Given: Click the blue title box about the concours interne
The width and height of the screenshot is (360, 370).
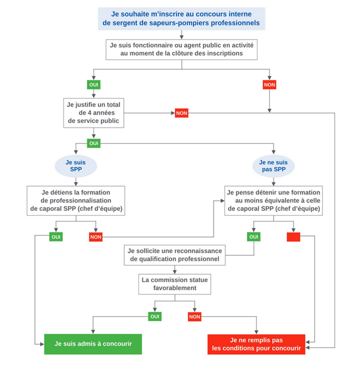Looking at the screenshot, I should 182,18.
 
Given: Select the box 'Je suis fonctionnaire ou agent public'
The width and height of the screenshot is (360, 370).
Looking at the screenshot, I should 182,49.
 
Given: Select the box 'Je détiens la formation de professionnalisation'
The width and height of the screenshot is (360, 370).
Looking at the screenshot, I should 76,200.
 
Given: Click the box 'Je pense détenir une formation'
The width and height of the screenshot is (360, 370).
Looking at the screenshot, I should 273,200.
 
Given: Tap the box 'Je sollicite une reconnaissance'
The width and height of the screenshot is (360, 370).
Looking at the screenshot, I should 175,254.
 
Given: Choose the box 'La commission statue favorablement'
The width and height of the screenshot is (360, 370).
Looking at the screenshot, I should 175,284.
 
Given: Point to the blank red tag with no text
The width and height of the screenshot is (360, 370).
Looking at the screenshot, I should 293,237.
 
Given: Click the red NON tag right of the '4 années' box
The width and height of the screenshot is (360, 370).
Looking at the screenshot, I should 182,113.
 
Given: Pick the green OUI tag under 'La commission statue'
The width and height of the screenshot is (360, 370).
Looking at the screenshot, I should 155,317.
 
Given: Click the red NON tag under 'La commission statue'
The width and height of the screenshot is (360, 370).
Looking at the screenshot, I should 195,317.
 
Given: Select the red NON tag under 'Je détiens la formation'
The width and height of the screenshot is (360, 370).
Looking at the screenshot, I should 96,237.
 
